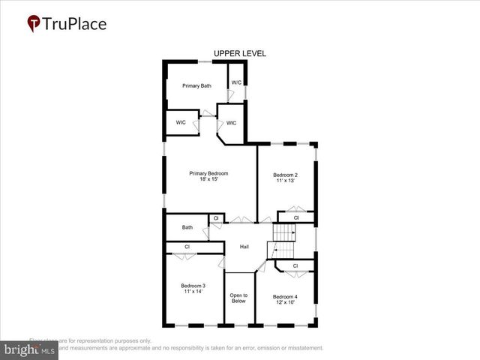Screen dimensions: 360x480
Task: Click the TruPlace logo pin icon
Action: tap(34, 24)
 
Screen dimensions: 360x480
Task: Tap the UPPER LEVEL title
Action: tap(239, 53)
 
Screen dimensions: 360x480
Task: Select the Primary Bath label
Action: tap(196, 86)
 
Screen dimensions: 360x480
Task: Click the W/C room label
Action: tap(236, 82)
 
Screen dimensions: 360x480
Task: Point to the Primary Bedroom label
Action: tap(208, 173)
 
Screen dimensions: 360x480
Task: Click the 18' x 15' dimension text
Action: tap(208, 179)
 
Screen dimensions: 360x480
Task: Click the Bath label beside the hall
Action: tap(187, 227)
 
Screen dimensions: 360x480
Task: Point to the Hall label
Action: tap(244, 247)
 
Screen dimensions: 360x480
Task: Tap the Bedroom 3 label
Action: tap(193, 286)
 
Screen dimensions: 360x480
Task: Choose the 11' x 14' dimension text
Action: tap(193, 292)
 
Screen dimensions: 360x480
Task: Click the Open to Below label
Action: tap(238, 298)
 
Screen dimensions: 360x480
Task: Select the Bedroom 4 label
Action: tap(285, 296)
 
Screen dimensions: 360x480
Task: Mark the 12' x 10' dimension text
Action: tap(285, 302)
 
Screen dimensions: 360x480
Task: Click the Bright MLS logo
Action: tap(30, 349)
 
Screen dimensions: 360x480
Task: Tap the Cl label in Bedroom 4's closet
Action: tap(295, 265)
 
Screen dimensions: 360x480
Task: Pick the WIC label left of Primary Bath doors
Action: tap(181, 122)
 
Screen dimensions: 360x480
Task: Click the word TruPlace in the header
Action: tap(74, 24)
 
